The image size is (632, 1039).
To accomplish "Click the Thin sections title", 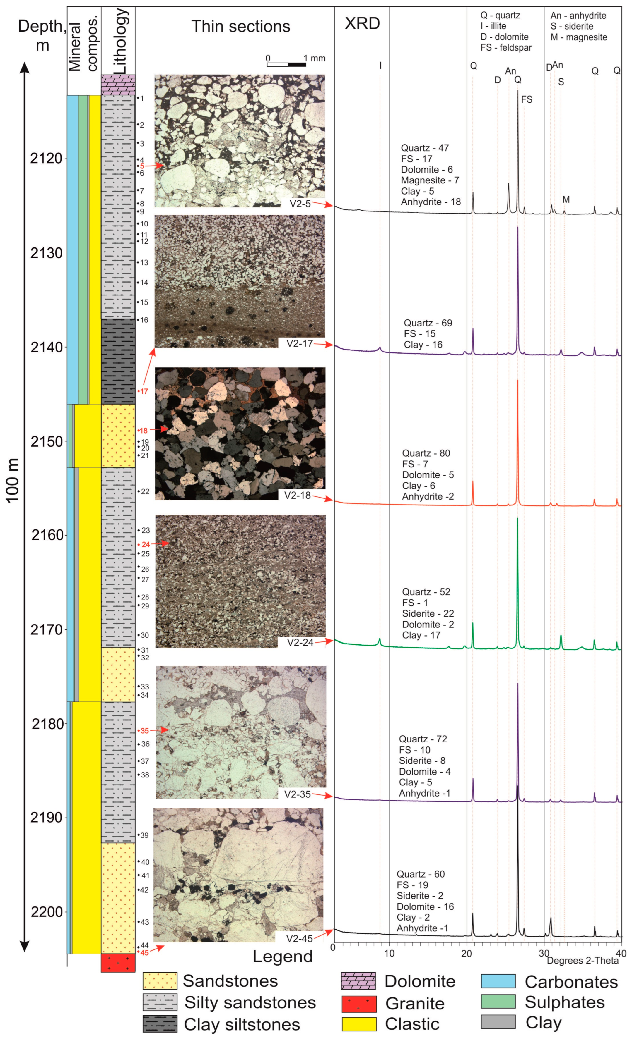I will coord(241,27).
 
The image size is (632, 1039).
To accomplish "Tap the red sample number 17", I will coord(144,391).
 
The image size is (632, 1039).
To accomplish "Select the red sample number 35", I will coord(144,730).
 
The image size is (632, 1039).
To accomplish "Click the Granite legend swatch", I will coord(358,1004).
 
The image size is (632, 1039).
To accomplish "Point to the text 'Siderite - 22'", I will coord(428,613).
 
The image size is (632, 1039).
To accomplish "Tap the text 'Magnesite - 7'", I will coord(430,180).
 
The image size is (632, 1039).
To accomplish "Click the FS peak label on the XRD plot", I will coord(527,99).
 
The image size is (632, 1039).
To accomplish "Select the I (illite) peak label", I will coord(380,65).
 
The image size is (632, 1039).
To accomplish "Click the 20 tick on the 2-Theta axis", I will coord(467,953).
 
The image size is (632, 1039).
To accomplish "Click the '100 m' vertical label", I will coord(13,480).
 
